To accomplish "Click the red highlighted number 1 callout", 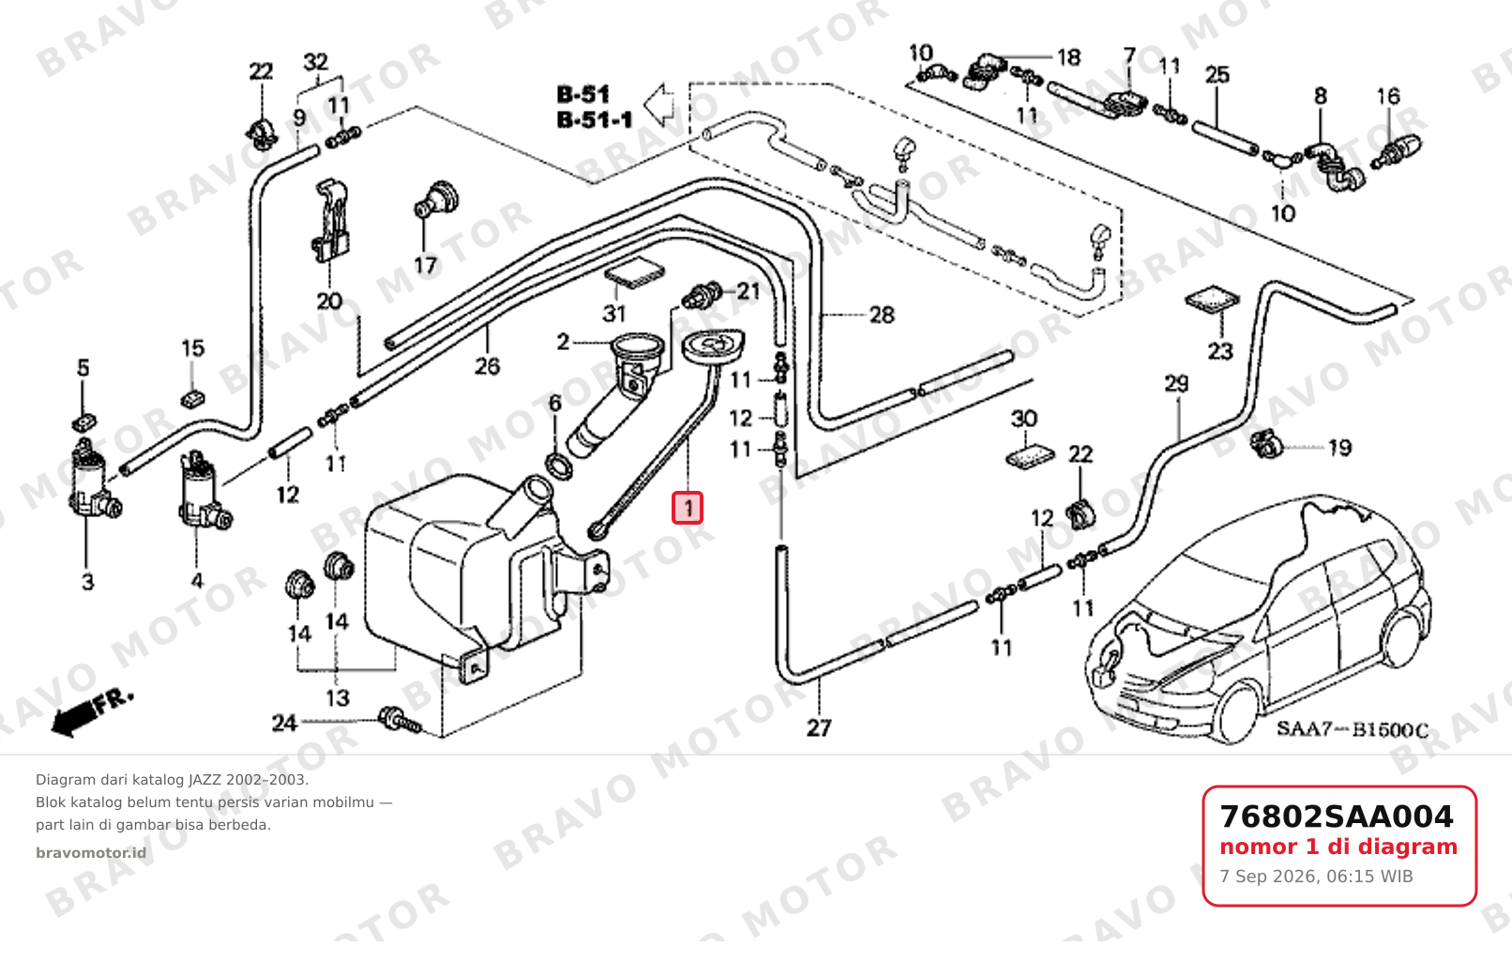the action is [688, 508].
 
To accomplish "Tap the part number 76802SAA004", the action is [1336, 817].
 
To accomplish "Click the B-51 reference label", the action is [583, 94].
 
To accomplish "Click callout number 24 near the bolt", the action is [284, 723].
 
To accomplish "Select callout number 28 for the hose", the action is [882, 314].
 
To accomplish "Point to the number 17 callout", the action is [425, 266].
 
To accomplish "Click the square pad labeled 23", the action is [1212, 299].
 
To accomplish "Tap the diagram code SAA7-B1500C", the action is [1352, 730].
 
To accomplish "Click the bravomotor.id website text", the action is [91, 853].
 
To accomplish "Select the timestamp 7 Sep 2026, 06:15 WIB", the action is [1316, 877].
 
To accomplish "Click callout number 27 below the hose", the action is [819, 728].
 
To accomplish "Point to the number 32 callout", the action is [316, 62].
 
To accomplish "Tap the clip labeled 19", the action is [1264, 443].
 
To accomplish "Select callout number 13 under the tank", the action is [338, 697].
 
